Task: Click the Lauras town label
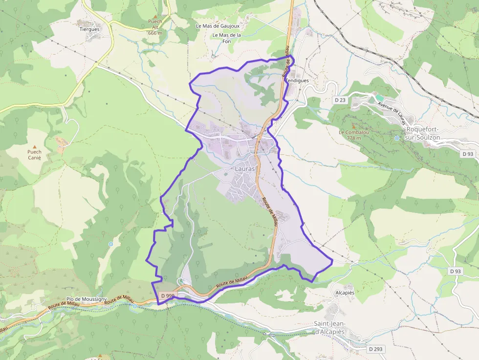click(245, 169)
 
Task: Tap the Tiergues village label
click(89, 29)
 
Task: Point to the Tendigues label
click(297, 81)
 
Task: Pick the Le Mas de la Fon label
click(227, 38)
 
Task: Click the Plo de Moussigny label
click(87, 298)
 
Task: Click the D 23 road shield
click(340, 100)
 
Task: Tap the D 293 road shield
click(375, 349)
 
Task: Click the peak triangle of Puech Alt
click(155, 16)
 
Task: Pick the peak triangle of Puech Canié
click(35, 146)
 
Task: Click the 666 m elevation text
click(154, 33)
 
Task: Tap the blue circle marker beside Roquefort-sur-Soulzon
click(397, 138)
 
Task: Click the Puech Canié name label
click(35, 155)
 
